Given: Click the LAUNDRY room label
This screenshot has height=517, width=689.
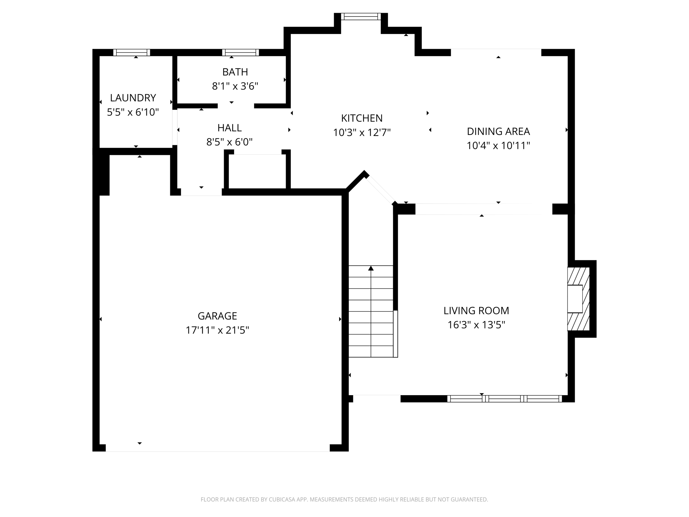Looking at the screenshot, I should point(133,98).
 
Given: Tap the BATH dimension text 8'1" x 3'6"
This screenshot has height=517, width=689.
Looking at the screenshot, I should point(235,87).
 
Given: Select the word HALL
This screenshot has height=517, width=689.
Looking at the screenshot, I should point(229,128).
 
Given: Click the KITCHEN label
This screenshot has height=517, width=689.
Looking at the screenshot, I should point(362,118).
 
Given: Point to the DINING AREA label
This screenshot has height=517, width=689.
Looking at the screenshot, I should point(498,131).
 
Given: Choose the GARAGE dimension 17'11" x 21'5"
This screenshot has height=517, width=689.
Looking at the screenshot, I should point(217,330).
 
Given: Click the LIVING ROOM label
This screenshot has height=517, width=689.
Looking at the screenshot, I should point(476,311).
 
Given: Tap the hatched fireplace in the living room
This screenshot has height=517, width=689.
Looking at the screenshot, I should point(579,299).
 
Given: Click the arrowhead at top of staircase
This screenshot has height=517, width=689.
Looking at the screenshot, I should point(371,268).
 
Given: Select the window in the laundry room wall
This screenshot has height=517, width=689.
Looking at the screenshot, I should point(132,53).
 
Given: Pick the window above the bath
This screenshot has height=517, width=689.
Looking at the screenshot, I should point(240,53).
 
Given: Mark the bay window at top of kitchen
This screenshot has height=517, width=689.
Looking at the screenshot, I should point(361,16).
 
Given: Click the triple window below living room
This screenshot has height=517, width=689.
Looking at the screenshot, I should point(504,399).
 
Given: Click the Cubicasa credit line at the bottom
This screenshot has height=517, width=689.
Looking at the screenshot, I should point(344,499).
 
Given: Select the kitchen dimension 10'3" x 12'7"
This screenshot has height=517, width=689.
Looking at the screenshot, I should point(362,133).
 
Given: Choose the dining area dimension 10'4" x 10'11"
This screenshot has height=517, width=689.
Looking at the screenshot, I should point(498,146).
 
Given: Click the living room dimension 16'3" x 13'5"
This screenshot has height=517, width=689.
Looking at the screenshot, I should point(476,325).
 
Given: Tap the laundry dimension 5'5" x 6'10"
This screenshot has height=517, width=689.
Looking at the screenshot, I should point(133,112).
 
